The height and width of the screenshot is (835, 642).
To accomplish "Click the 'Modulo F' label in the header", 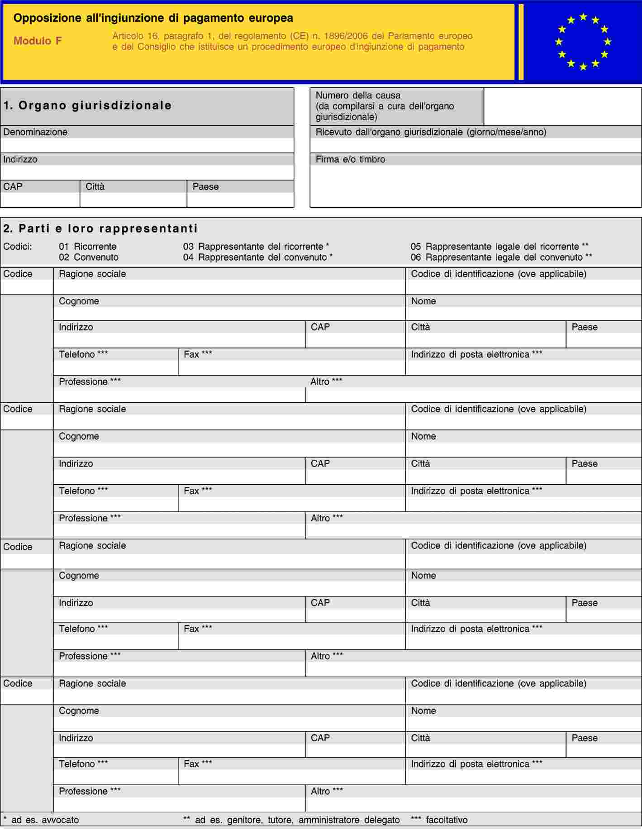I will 38,41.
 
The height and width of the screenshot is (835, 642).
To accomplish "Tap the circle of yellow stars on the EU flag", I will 583,42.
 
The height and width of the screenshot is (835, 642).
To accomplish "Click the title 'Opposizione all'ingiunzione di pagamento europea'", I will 153,18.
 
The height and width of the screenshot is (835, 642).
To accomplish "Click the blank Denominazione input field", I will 147,145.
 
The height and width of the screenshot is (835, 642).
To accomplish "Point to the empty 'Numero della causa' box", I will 562,106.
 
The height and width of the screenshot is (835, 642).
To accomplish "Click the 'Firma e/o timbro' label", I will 350,159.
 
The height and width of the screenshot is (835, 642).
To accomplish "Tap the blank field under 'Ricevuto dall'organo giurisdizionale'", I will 475,145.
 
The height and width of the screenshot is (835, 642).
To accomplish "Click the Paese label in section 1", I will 205,186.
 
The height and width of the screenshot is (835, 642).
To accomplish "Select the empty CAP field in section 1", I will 40,200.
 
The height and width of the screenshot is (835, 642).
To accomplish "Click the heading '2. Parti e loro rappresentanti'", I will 100,229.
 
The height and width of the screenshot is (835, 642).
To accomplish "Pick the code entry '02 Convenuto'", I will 89,257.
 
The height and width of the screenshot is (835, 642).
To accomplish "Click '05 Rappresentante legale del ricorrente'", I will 499,247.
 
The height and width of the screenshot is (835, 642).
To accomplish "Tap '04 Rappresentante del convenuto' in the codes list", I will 258,257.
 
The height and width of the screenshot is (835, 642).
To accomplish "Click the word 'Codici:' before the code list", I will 18,247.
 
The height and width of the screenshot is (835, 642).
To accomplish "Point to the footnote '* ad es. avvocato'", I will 41,820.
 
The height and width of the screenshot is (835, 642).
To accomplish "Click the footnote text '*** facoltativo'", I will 439,820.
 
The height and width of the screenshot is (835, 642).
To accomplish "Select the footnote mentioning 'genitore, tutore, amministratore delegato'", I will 291,820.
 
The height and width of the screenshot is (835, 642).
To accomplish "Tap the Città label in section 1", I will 95,186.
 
